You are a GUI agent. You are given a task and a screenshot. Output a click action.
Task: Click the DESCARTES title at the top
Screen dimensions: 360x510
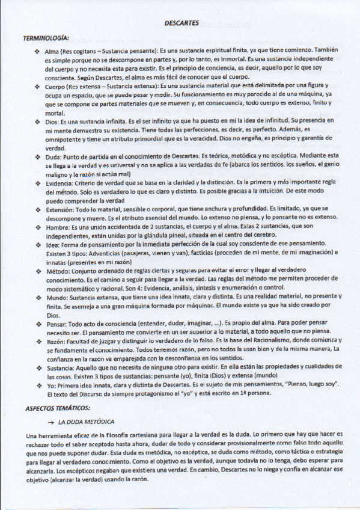180,23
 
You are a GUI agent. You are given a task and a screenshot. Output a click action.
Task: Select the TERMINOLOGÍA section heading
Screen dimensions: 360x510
46,38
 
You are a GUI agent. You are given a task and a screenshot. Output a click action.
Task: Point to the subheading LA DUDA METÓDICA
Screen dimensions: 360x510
86,422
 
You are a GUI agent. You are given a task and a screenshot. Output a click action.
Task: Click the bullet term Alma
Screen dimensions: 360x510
52,52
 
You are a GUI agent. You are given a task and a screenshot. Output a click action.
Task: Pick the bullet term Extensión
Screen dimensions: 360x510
58,209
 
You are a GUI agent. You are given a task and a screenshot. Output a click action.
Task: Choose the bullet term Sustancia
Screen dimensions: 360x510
59,367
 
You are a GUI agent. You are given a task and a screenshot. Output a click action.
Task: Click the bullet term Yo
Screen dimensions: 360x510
49,384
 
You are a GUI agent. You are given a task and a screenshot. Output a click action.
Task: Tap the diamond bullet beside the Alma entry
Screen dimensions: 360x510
37,52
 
